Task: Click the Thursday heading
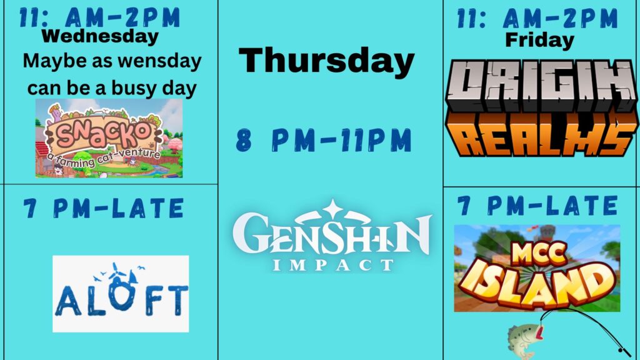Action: click(326, 61)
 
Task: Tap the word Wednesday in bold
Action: click(100, 36)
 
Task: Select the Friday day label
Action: click(539, 40)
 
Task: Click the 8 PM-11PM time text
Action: click(324, 141)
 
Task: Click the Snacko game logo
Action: click(109, 138)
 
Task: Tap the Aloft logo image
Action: click(121, 294)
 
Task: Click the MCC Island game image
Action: click(537, 268)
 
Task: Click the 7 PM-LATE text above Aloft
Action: click(104, 208)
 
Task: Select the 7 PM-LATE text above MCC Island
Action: click(537, 205)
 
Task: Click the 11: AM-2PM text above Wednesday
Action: click(100, 17)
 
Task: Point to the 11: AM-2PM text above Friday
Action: click(537, 18)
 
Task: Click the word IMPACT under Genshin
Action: click(332, 265)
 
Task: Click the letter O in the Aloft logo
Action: click(122, 295)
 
